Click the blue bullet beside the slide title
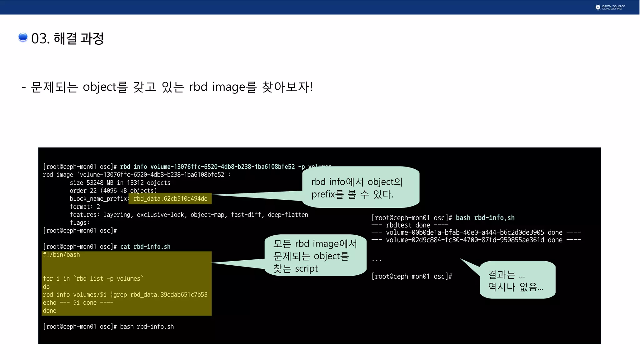[x=23, y=37]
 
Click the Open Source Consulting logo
[x=610, y=7]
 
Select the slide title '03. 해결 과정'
[x=67, y=38]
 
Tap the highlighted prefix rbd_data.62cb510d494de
[x=170, y=199]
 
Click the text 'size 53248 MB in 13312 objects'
[x=120, y=183]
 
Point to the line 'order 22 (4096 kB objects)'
[x=113, y=191]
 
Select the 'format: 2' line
[x=85, y=207]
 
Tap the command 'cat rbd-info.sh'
[x=145, y=247]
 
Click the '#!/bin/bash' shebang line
[x=61, y=255]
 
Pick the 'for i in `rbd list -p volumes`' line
[x=93, y=278]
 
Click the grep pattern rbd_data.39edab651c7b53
[x=169, y=295]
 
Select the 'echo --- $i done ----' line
[x=78, y=302]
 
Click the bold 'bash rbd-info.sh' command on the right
[x=485, y=218]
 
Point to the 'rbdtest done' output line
[x=410, y=225]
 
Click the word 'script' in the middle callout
[x=306, y=269]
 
